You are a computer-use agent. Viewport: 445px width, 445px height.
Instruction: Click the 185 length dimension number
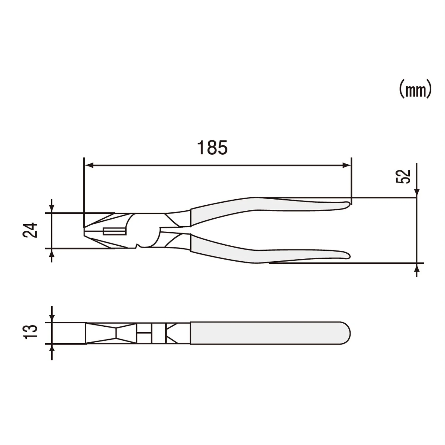(x=212, y=148)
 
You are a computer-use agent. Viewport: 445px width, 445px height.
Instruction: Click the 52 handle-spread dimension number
(x=403, y=176)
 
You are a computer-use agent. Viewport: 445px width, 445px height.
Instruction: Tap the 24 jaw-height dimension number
(x=30, y=230)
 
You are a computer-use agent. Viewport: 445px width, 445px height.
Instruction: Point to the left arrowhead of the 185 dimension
(x=89, y=165)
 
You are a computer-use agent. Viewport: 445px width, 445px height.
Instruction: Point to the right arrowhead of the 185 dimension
(x=347, y=165)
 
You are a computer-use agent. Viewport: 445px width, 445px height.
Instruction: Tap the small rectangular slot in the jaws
(x=114, y=231)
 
